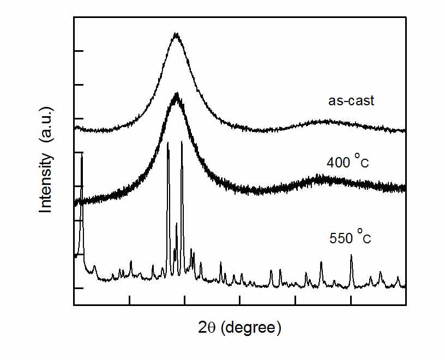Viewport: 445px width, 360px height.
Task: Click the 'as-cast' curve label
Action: [351, 101]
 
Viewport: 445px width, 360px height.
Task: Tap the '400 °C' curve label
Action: [348, 162]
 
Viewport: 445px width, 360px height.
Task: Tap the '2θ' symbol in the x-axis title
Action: [208, 328]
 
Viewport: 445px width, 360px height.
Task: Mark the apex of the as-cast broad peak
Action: [176, 34]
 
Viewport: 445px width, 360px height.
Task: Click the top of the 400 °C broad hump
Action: [176, 94]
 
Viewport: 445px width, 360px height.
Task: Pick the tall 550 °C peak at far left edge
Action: [82, 156]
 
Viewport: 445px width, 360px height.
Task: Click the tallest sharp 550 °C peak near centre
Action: [182, 142]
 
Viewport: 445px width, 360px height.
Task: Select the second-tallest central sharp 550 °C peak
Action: [167, 143]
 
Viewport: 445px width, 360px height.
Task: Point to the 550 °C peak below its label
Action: [351, 255]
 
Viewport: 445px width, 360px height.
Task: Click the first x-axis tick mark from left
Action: [130, 301]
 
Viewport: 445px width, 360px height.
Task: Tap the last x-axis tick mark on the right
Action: [351, 301]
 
